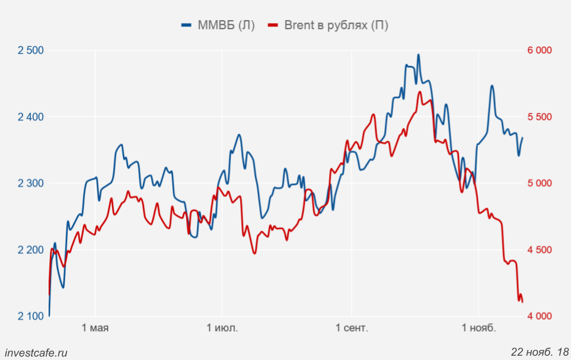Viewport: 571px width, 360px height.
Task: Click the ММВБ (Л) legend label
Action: (225, 26)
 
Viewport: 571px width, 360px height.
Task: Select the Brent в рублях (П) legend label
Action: (336, 26)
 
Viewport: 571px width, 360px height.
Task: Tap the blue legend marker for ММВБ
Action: (187, 26)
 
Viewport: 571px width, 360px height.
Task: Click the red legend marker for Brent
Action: (273, 26)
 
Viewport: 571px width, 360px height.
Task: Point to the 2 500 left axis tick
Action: (31, 50)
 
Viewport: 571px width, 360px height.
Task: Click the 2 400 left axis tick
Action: (31, 116)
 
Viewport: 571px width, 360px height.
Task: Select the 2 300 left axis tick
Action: (31, 183)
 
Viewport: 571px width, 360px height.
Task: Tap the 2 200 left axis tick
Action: (31, 249)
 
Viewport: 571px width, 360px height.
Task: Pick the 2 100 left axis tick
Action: (31, 316)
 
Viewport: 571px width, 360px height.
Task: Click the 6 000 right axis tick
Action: (540, 50)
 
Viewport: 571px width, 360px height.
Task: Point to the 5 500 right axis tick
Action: (540, 116)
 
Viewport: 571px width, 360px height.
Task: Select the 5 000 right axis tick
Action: (540, 183)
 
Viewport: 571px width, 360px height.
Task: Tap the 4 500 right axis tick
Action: (540, 249)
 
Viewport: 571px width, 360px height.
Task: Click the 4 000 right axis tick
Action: (540, 316)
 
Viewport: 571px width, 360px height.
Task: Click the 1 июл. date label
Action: (222, 328)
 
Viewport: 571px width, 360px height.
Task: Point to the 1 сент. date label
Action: (352, 328)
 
